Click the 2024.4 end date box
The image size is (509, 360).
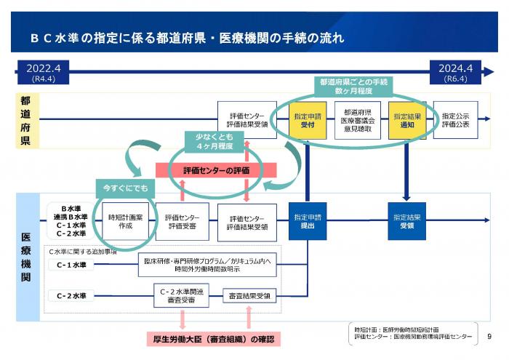(457, 71)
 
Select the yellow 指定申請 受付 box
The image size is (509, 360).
(301, 121)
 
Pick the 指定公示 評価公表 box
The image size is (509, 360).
(456, 121)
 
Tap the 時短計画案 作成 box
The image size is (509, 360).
(126, 221)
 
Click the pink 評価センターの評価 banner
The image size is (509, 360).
(217, 169)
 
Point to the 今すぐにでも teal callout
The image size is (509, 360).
(125, 188)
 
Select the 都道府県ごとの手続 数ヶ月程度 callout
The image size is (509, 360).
(352, 87)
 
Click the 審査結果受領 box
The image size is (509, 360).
(247, 295)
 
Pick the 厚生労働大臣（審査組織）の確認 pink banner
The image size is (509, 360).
(214, 339)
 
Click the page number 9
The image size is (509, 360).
(489, 336)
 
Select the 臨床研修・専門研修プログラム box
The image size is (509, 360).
(207, 265)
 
